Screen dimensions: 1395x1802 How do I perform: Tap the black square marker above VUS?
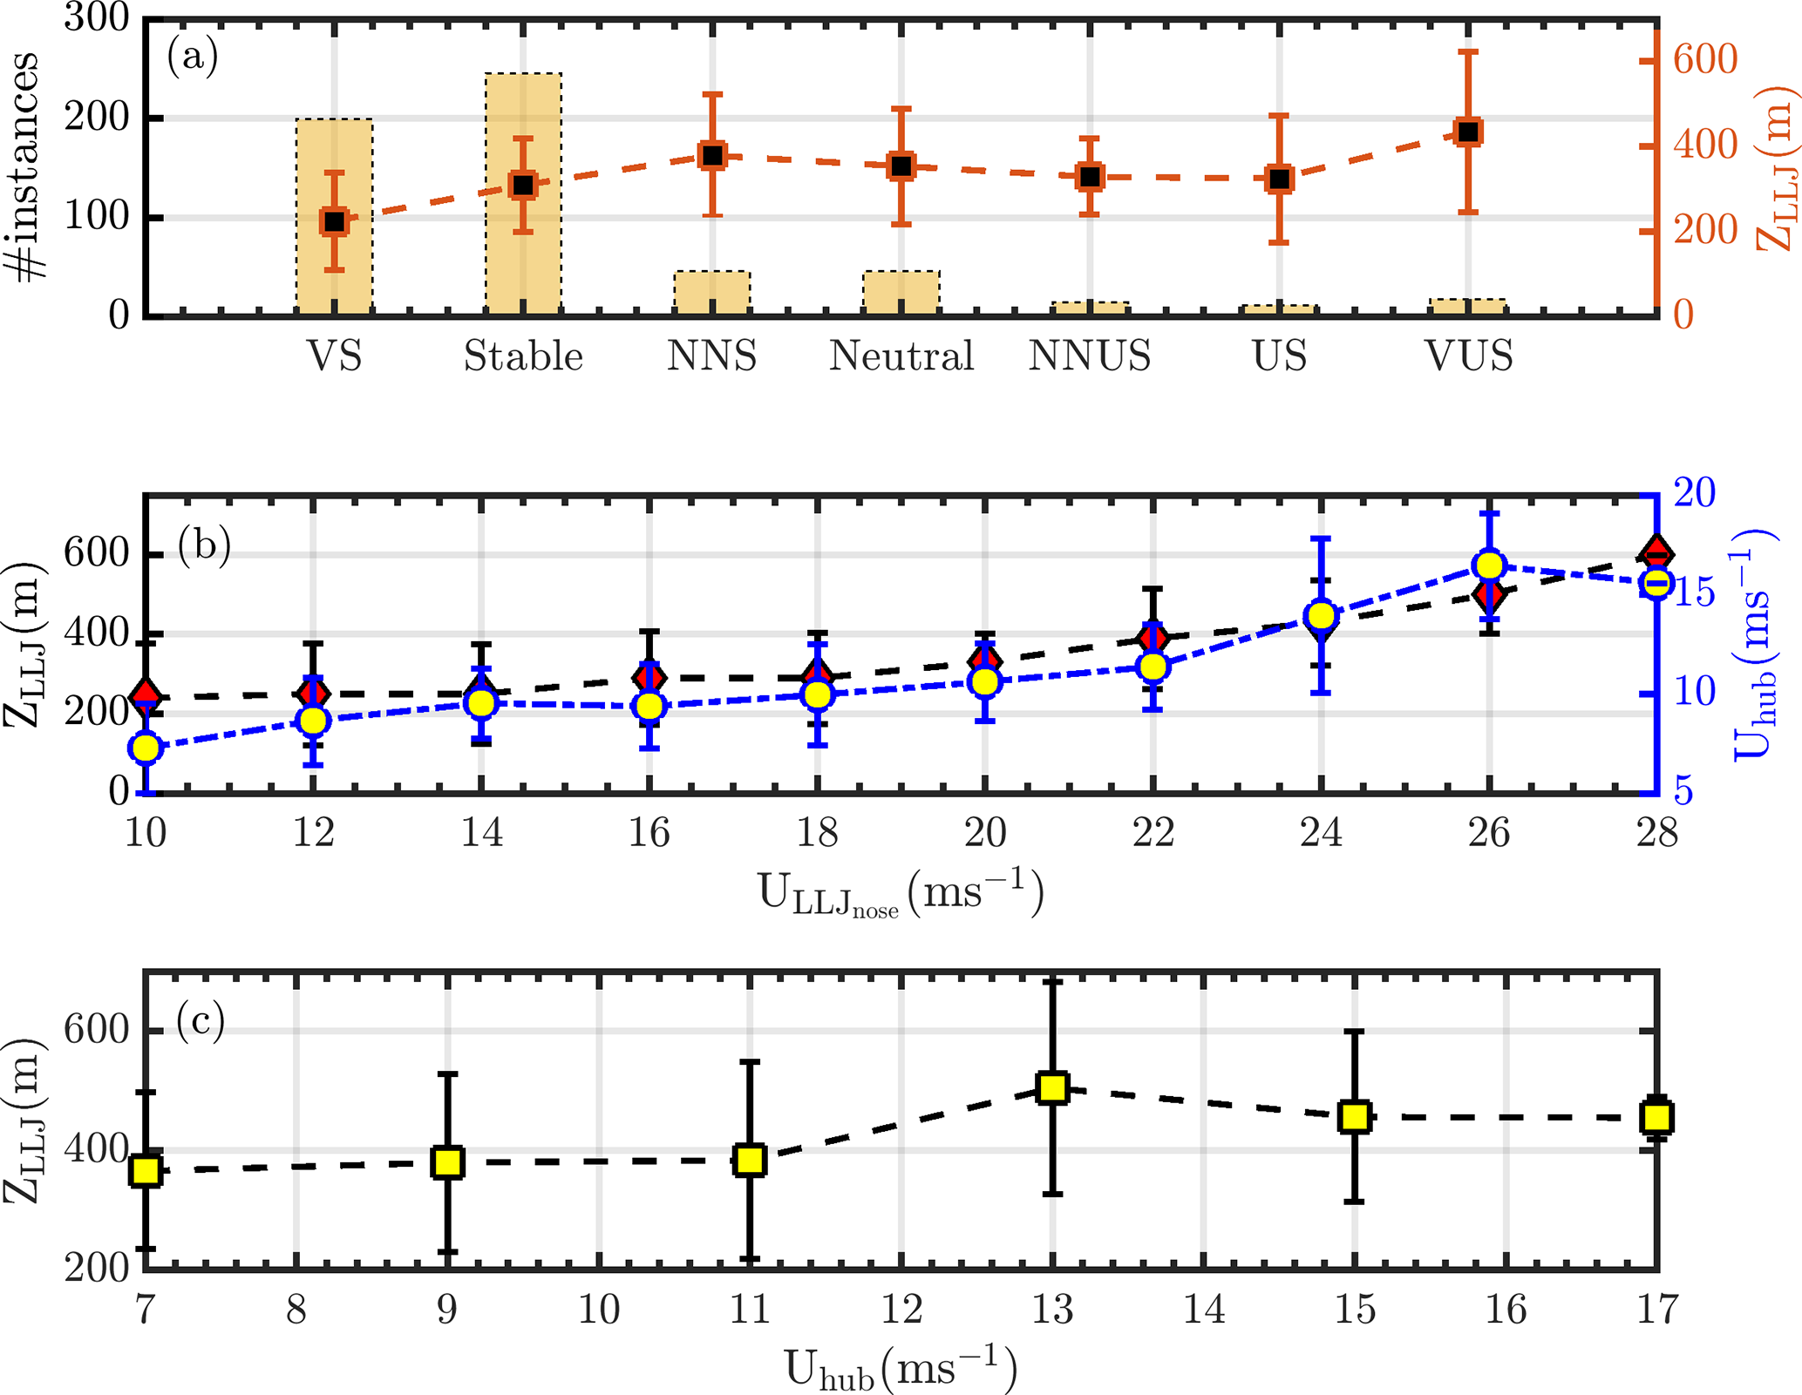(1468, 132)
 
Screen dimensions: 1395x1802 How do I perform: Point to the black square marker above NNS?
(712, 156)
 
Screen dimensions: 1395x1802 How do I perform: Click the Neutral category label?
(901, 356)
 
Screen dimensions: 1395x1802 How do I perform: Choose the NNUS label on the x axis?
(1090, 356)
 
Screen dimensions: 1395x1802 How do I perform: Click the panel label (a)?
(192, 58)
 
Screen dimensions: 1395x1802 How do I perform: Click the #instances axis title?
(26, 166)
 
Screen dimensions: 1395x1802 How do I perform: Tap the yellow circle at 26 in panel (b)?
(1489, 565)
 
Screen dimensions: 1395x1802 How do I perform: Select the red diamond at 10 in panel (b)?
(146, 695)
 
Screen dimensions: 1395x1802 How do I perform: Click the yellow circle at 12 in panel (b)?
(313, 721)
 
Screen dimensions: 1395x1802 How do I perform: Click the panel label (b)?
(204, 546)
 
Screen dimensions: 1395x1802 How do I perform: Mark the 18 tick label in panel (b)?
(817, 833)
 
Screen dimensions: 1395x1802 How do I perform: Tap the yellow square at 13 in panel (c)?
(1052, 1087)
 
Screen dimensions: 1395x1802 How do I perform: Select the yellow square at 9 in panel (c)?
(447, 1162)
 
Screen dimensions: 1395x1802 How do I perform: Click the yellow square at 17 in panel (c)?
(1656, 1116)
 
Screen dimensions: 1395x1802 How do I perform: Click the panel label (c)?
(201, 1020)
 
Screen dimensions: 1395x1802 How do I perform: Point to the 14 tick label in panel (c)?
(1203, 1310)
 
